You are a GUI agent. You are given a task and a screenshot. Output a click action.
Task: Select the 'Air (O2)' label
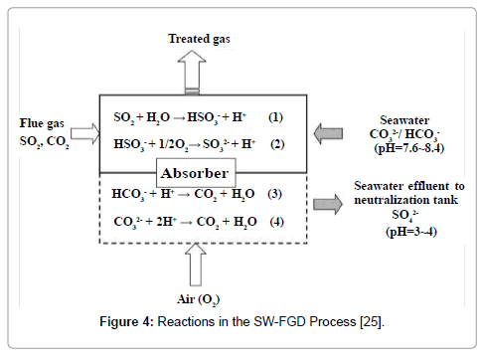pyautogui.click(x=200, y=298)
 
